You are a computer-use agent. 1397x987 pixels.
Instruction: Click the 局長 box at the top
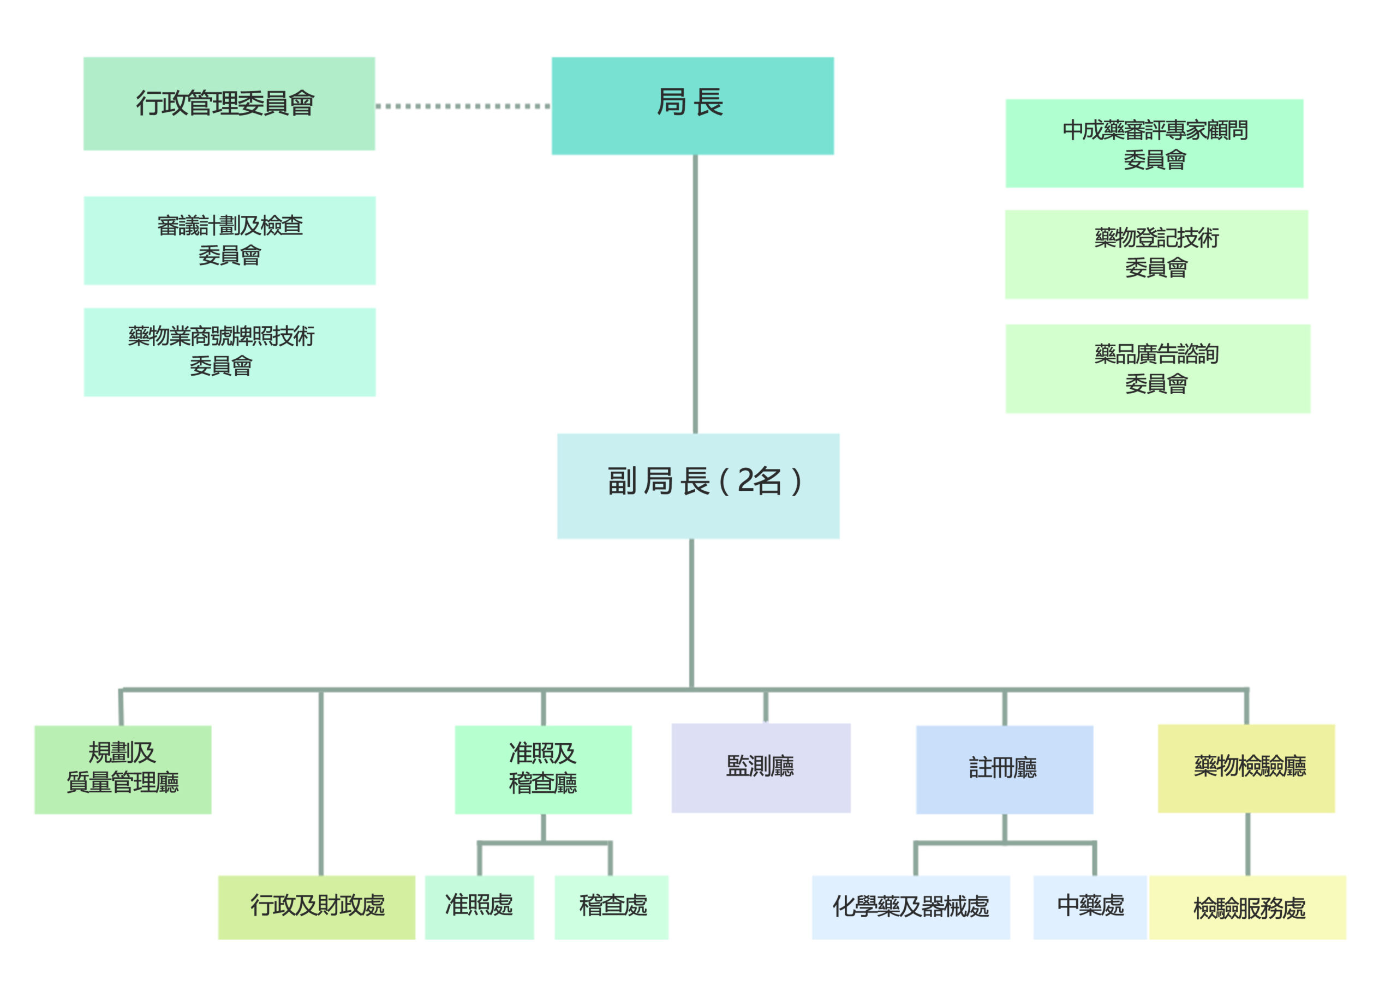point(692,106)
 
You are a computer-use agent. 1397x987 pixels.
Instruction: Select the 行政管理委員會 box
point(229,104)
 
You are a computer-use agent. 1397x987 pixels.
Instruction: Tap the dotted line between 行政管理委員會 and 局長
point(463,106)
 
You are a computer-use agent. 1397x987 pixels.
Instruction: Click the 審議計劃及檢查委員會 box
point(229,240)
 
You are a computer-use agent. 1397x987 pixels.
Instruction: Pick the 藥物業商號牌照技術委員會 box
point(229,352)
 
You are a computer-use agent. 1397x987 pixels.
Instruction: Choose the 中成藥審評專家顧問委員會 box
point(1154,143)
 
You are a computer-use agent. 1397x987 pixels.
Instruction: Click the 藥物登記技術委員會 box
point(1156,254)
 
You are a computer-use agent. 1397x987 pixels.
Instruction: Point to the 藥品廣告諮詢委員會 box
point(1157,369)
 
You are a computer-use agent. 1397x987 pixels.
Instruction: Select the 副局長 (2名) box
point(698,486)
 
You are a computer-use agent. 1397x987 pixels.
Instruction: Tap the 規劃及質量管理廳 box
point(123,769)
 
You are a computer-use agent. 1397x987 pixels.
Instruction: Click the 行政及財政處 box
point(317,907)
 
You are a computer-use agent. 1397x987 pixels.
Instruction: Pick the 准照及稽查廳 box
point(544,769)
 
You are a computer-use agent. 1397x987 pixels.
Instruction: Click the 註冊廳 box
point(1005,769)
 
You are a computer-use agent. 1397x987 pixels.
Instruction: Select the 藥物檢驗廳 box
point(1246,768)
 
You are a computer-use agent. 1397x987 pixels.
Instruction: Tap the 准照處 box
point(480,907)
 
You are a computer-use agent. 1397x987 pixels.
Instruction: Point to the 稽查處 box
point(612,907)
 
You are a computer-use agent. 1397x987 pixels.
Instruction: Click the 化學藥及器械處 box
point(911,907)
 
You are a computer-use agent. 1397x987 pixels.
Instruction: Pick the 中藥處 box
point(1090,907)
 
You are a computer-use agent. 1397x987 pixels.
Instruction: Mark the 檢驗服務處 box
point(1247,907)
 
